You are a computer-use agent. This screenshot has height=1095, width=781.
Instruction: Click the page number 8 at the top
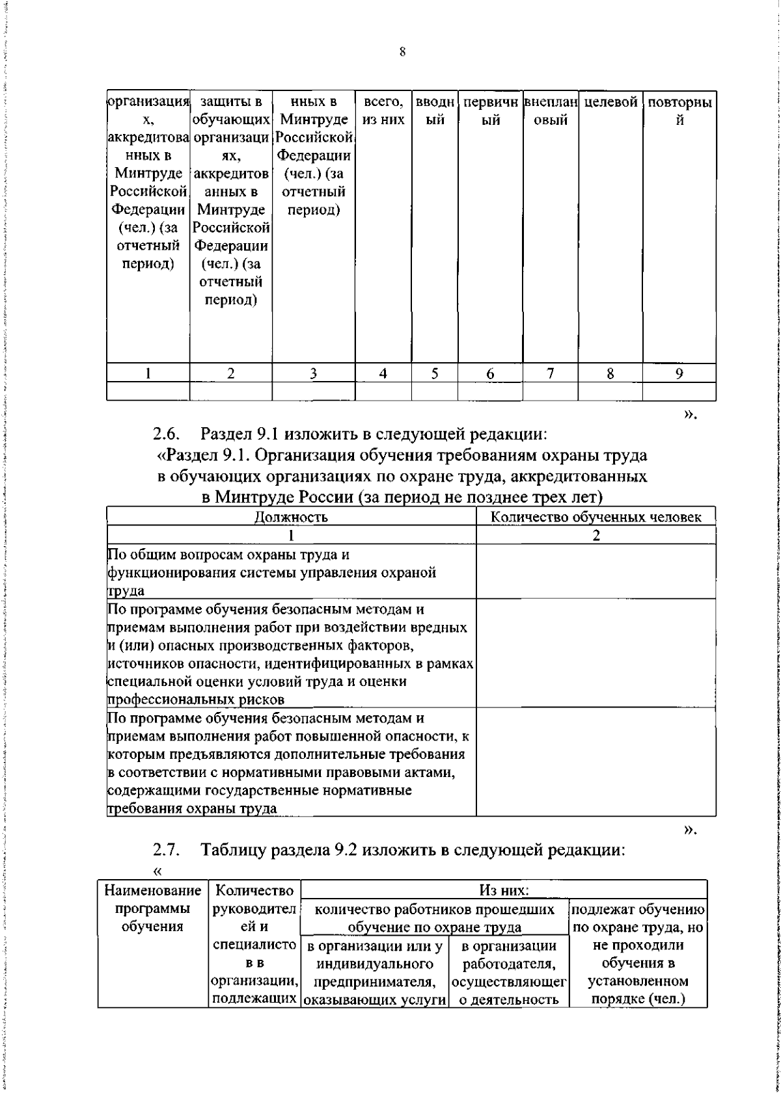pyautogui.click(x=402, y=53)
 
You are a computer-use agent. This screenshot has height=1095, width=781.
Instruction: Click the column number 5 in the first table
pyautogui.click(x=434, y=373)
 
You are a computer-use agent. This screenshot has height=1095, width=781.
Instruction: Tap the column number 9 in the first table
pyautogui.click(x=679, y=373)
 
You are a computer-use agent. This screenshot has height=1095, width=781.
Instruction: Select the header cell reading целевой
pyautogui.click(x=610, y=103)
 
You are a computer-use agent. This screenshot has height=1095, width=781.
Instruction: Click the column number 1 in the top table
pyautogui.click(x=148, y=373)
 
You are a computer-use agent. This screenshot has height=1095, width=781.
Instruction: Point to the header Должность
pyautogui.click(x=291, y=517)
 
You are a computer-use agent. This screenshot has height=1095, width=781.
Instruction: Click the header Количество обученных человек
pyautogui.click(x=596, y=517)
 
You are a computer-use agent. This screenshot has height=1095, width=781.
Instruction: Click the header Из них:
pyautogui.click(x=504, y=889)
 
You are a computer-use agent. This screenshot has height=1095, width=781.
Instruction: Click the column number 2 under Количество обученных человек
pyautogui.click(x=596, y=535)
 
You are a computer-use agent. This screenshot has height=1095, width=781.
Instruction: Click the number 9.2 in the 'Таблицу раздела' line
pyautogui.click(x=338, y=849)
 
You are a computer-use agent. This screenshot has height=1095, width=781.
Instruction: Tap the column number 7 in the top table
pyautogui.click(x=551, y=373)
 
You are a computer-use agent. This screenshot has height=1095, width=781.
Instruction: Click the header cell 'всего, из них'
pyautogui.click(x=383, y=111)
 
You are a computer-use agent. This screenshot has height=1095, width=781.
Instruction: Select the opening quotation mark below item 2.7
pyautogui.click(x=156, y=871)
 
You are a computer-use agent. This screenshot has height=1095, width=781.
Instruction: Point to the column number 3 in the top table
pyautogui.click(x=313, y=373)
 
